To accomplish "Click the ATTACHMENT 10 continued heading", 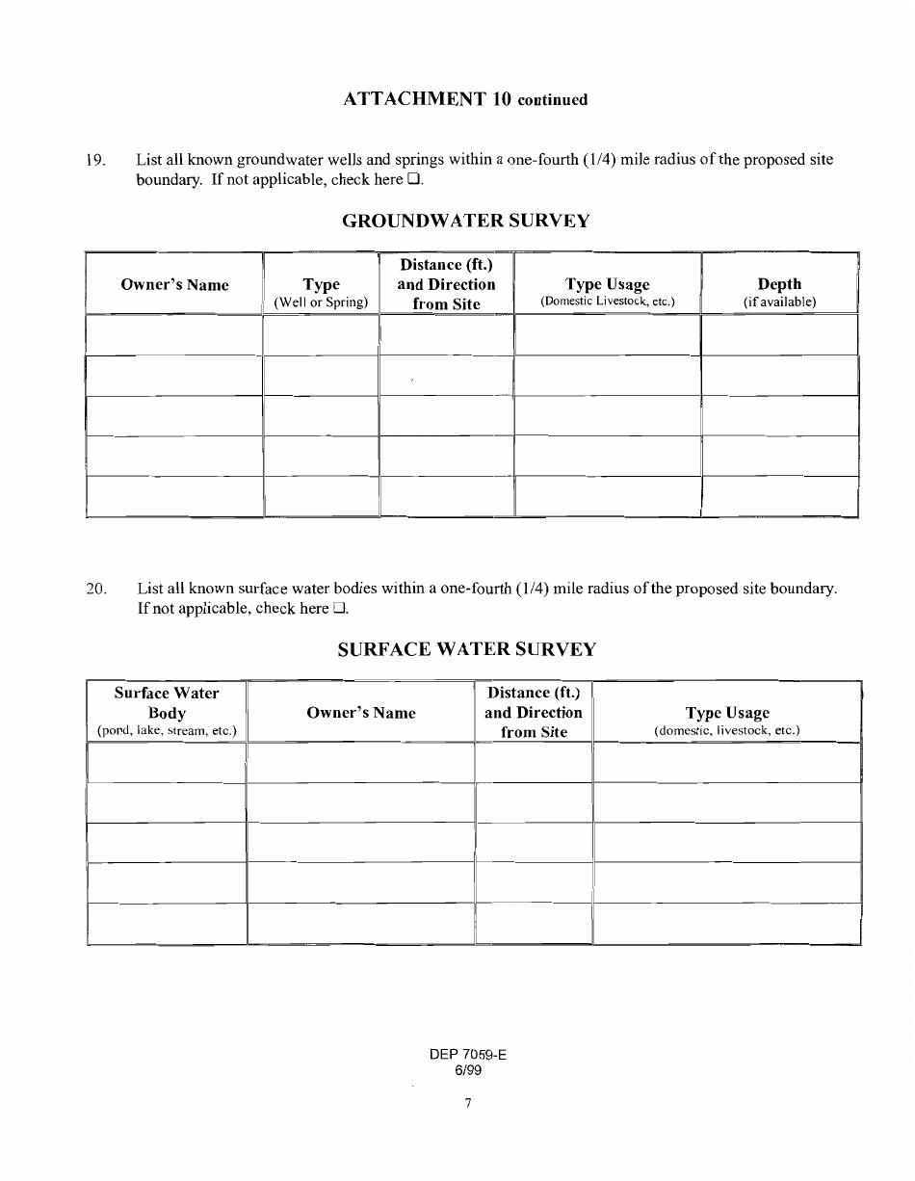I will click(464, 99).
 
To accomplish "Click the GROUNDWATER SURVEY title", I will click(466, 222).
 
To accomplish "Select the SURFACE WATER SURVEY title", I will click(466, 649).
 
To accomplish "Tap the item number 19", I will click(95, 160).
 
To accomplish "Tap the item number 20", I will click(95, 589).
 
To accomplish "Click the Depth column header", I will click(779, 291).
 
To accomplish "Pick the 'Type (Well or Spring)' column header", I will click(321, 292).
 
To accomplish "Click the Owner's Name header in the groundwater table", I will click(174, 284).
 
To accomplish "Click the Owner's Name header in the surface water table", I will click(361, 713).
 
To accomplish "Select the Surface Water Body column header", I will click(167, 712).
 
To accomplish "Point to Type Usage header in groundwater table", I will click(607, 291).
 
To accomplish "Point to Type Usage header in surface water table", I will click(727, 720).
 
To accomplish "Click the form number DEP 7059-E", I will click(468, 1055).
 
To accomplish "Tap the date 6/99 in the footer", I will click(467, 1069).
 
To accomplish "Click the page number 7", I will click(467, 1104).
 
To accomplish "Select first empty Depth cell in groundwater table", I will click(779, 334).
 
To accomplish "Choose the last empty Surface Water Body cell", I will click(167, 923).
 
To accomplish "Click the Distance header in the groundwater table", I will click(446, 284).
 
